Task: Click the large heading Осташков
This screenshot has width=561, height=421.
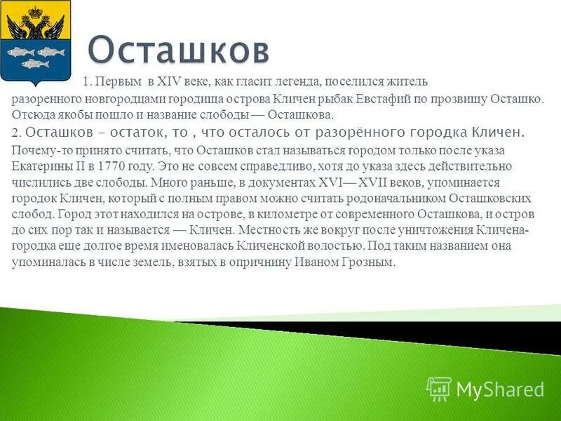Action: click(180, 50)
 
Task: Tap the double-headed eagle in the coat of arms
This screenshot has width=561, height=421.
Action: click(37, 25)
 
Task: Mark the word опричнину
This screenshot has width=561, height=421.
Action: click(269, 262)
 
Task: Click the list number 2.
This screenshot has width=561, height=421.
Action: click(17, 133)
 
